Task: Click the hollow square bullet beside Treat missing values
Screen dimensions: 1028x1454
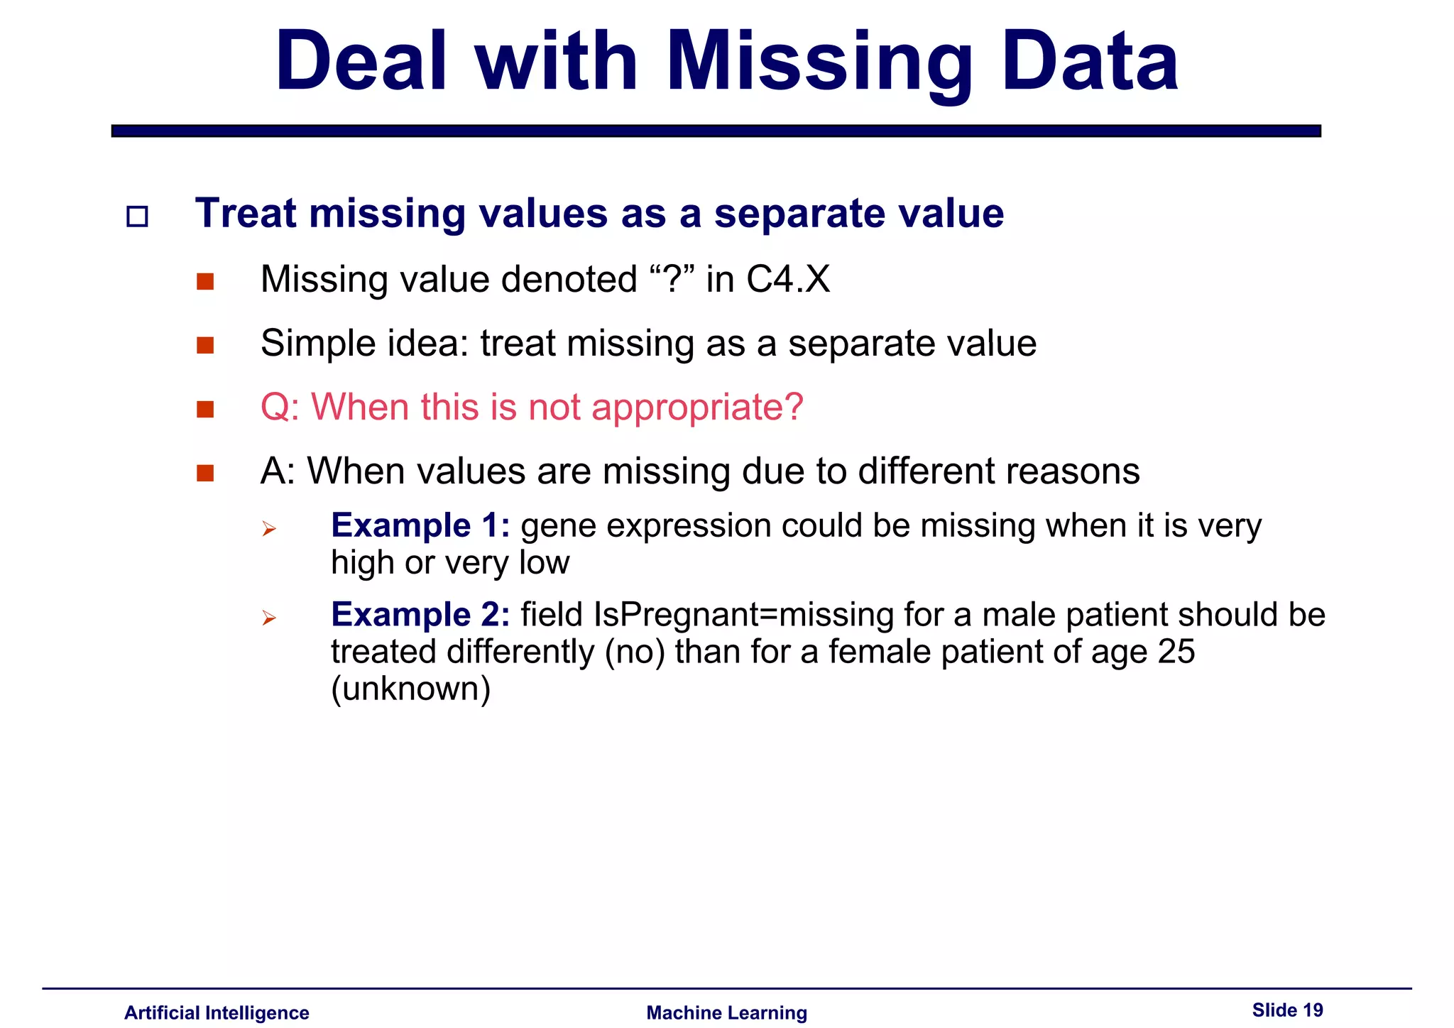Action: (137, 217)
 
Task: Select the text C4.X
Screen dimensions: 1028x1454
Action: (788, 279)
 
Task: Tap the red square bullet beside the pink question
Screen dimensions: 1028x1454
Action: (205, 410)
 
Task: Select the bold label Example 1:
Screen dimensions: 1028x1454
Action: (420, 526)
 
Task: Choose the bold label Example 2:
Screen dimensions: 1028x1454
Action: (420, 615)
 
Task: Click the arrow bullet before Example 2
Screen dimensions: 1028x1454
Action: (268, 618)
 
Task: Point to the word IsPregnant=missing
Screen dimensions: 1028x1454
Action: (743, 615)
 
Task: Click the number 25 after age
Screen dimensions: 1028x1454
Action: (1176, 652)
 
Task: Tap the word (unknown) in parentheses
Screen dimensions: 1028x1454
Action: (411, 689)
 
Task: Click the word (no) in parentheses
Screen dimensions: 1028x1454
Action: (635, 652)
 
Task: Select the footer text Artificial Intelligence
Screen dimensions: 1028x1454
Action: (217, 1012)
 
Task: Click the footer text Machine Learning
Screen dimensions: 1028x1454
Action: (726, 1012)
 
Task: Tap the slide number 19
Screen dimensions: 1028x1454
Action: (1313, 1010)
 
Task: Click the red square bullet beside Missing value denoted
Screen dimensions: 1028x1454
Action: (205, 282)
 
